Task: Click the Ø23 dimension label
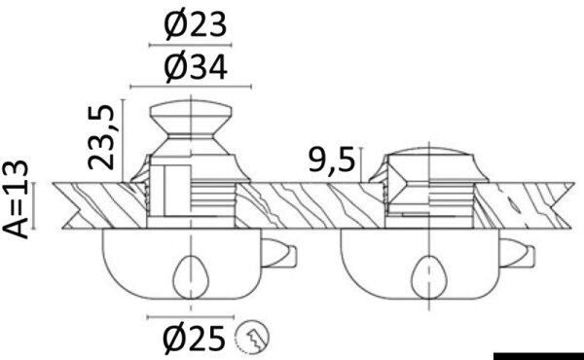tap(195, 25)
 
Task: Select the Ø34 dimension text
tap(196, 67)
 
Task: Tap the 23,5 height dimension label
tap(101, 137)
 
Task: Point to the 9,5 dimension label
tap(332, 161)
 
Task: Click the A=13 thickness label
tap(16, 199)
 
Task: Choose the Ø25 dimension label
tap(195, 339)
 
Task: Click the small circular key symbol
tap(252, 337)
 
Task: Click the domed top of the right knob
tap(429, 151)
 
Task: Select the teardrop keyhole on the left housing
tap(191, 277)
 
